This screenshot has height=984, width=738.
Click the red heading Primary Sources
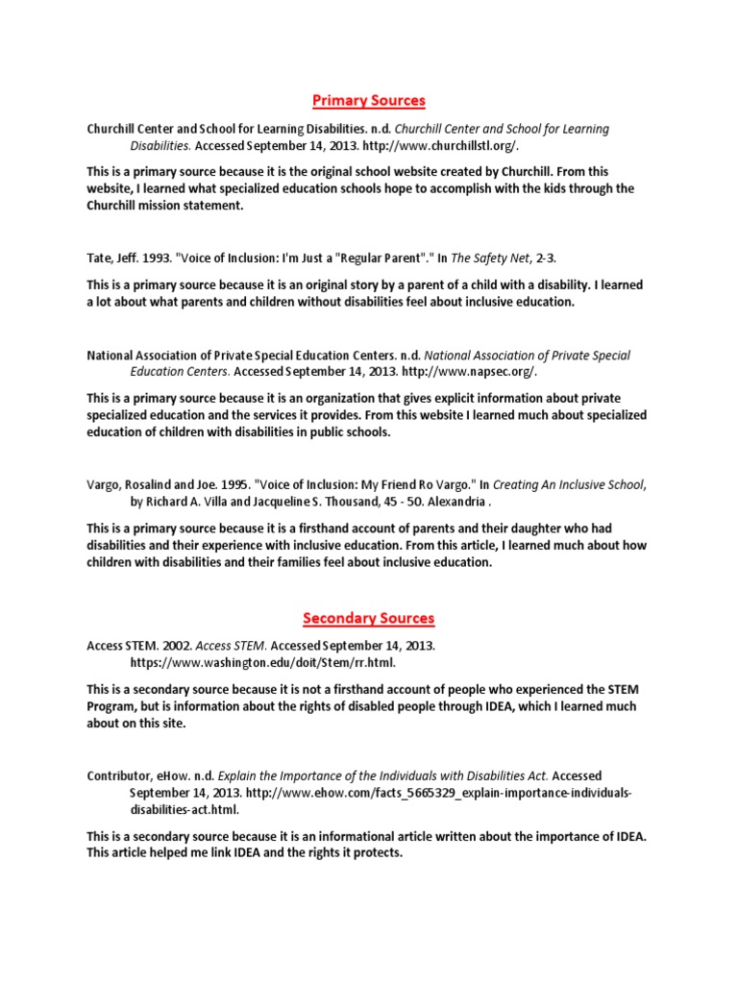click(369, 100)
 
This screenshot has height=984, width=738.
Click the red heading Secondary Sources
click(369, 617)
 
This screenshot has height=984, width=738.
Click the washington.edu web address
click(262, 662)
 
